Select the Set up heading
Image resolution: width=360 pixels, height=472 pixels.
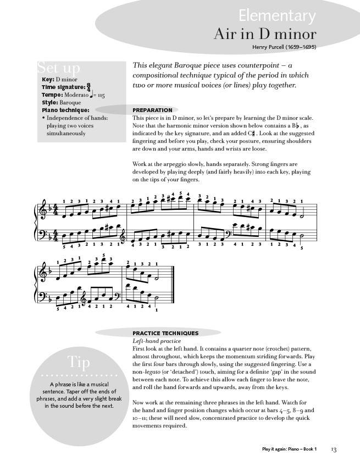tap(59, 68)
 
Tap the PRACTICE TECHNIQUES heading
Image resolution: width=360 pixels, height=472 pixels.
tap(165, 333)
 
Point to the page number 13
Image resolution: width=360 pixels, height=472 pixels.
tap(334, 450)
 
